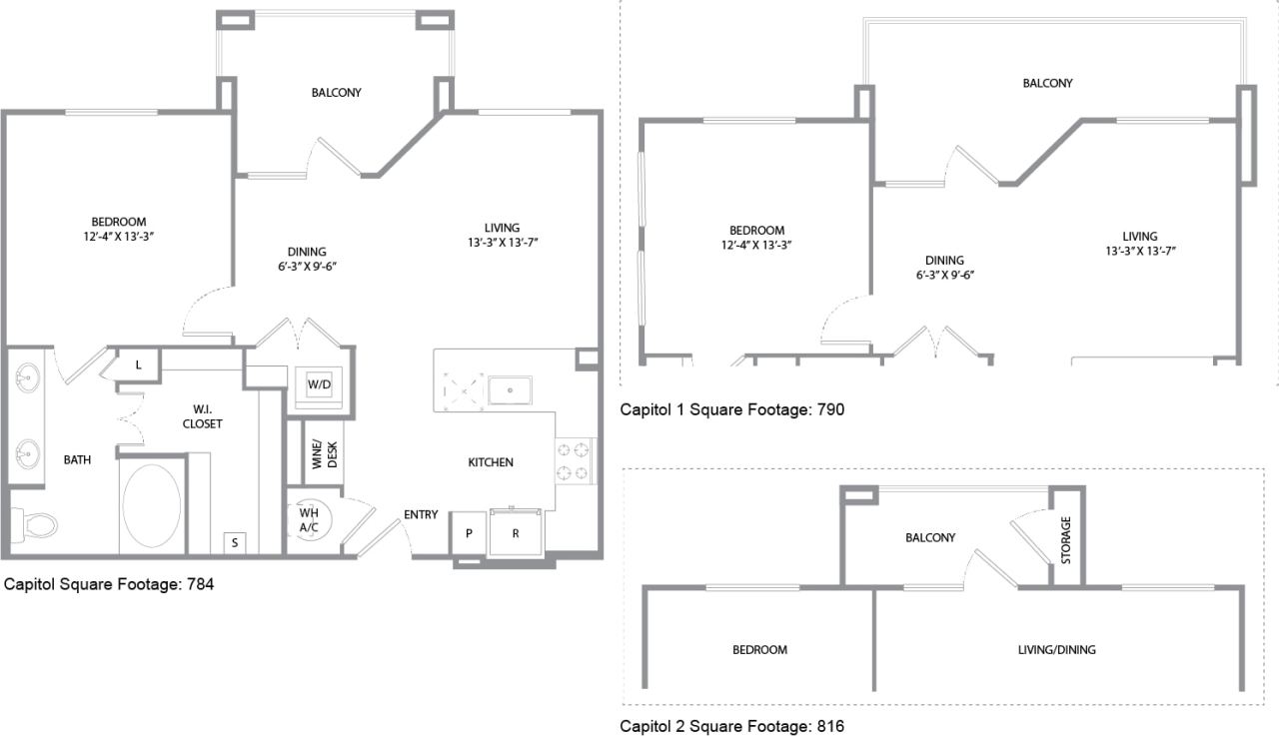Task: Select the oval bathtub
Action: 152,503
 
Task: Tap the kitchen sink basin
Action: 510,389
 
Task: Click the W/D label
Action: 319,384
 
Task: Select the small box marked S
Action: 235,542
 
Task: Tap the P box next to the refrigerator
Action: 468,533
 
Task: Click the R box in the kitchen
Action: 516,533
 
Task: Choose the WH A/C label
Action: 309,520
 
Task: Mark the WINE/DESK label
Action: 325,454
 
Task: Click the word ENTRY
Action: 421,515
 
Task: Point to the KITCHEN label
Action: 491,462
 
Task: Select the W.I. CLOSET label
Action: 202,415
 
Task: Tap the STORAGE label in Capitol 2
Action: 1066,539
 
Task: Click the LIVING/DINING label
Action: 1056,650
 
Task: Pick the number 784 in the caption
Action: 200,584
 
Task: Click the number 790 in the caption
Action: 831,409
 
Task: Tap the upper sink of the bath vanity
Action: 27,379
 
